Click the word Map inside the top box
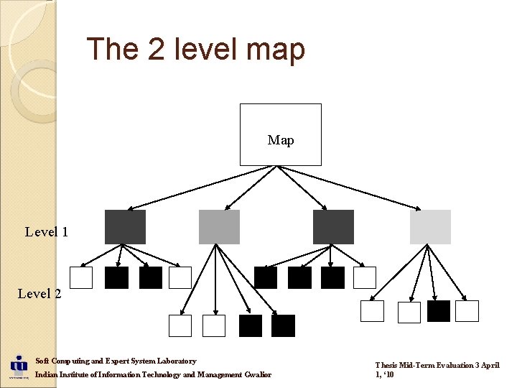(280, 140)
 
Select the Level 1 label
(46, 231)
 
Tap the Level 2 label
(39, 293)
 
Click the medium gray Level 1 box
(219, 227)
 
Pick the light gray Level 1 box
(430, 227)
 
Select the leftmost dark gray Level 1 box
(125, 227)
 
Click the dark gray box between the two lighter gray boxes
(333, 227)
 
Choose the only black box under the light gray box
(439, 311)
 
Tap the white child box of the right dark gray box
(365, 278)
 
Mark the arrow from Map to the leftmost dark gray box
(190, 188)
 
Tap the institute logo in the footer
(18, 365)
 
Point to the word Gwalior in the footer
(258, 375)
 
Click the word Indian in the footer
(47, 375)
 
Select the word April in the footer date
(489, 365)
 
